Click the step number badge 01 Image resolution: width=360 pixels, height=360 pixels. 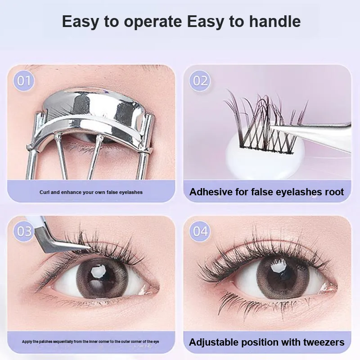pyautogui.click(x=24, y=81)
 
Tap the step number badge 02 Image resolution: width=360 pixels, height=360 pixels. pyautogui.click(x=200, y=81)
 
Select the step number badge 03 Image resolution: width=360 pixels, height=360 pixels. pyautogui.click(x=24, y=231)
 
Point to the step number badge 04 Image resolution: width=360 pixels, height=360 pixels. pyautogui.click(x=200, y=231)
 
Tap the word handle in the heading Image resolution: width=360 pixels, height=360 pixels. pyautogui.click(x=275, y=21)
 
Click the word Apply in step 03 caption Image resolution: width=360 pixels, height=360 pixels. pyautogui.click(x=27, y=342)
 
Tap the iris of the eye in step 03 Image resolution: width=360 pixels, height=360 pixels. pyautogui.click(x=102, y=279)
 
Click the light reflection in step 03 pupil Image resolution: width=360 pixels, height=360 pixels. pyautogui.click(x=97, y=271)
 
